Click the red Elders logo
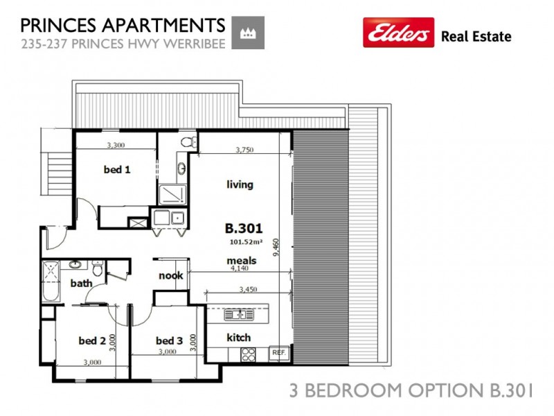click(398, 33)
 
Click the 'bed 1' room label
click(117, 169)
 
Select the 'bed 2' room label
click(92, 340)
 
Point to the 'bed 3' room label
click(169, 340)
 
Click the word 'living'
click(240, 184)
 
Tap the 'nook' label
click(170, 275)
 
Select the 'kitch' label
click(239, 338)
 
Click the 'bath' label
click(81, 283)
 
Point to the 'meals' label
click(242, 261)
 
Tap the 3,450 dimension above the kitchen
click(247, 288)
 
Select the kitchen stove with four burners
click(248, 354)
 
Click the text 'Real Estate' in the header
click(476, 37)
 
